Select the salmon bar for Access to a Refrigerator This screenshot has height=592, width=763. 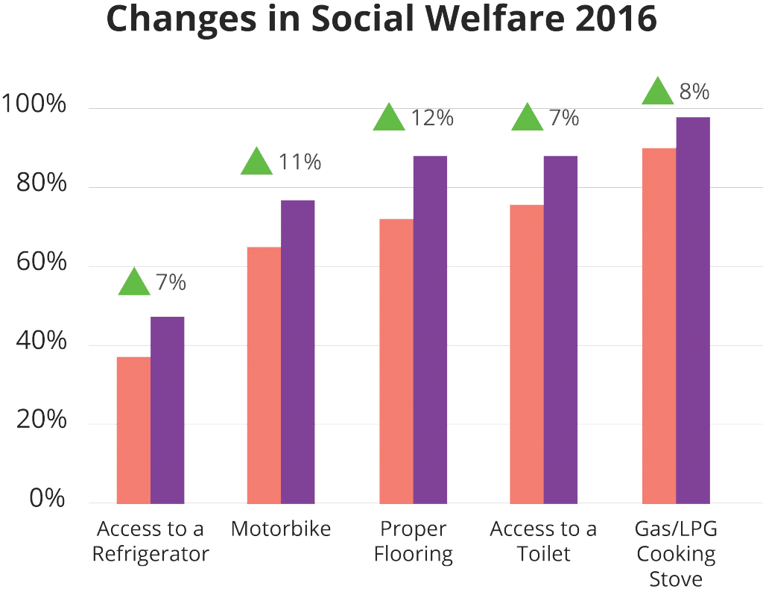(x=133, y=429)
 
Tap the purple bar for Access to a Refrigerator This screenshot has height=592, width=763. (x=168, y=410)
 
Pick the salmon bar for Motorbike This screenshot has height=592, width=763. (x=264, y=375)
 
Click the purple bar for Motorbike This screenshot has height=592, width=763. (x=298, y=352)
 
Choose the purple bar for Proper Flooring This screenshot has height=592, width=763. (x=430, y=330)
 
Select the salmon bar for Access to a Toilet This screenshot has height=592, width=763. (x=526, y=353)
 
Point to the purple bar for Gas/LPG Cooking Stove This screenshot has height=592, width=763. (x=693, y=310)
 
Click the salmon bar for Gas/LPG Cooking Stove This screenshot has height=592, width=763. (x=659, y=325)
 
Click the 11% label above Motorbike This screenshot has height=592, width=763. (x=300, y=162)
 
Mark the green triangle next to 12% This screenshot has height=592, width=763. (x=389, y=119)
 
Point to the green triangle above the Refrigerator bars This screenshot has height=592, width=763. (x=134, y=282)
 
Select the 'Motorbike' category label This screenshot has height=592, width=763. (x=280, y=529)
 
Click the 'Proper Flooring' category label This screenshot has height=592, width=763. (x=413, y=542)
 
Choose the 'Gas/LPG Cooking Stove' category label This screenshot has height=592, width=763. (x=675, y=555)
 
